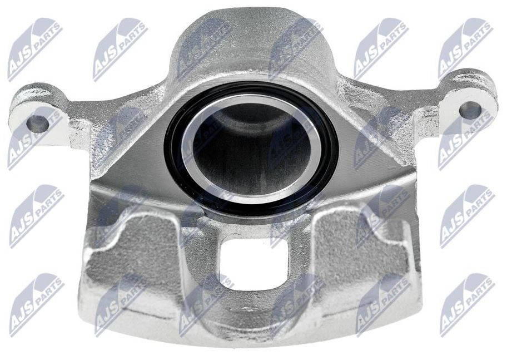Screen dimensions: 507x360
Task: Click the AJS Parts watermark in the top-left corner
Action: click(x=34, y=49)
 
